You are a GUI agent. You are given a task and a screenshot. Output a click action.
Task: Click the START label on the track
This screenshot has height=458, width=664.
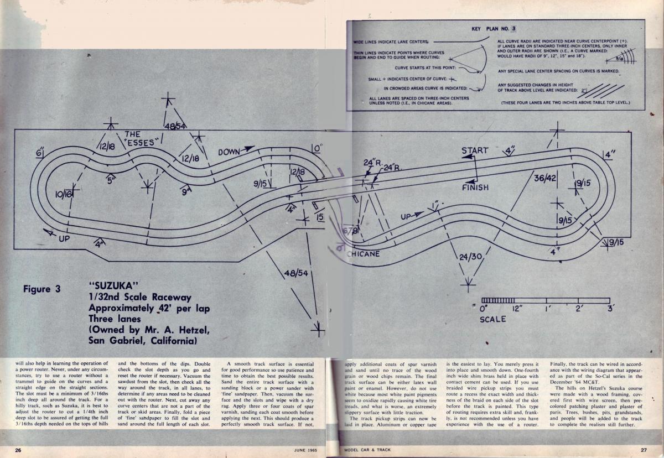click(475, 150)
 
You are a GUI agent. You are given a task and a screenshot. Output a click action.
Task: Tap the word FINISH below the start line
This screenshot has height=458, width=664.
click(475, 188)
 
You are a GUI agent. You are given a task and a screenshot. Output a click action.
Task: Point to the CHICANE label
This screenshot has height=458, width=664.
click(363, 254)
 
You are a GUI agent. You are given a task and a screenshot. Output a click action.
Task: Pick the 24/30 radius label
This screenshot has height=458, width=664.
click(471, 258)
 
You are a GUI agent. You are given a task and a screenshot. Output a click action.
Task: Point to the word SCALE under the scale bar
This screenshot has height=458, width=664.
click(492, 319)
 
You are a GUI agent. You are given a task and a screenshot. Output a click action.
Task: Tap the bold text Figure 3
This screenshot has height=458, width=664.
click(43, 289)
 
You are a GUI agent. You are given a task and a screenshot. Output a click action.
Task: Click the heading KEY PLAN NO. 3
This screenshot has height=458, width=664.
click(494, 28)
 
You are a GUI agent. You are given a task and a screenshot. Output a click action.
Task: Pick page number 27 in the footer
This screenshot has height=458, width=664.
click(644, 450)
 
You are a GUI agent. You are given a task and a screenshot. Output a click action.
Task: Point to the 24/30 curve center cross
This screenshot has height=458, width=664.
click(469, 284)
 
